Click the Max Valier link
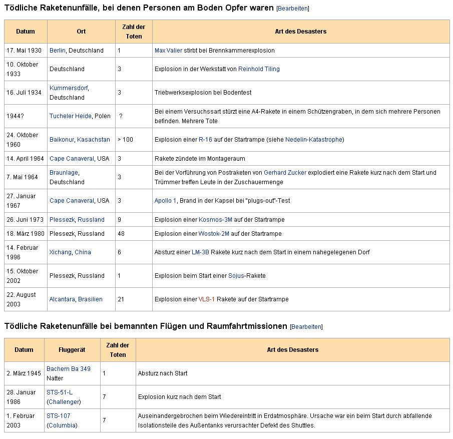pyautogui.click(x=168, y=51)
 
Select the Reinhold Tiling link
pyautogui.click(x=259, y=69)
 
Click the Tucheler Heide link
pyautogui.click(x=71, y=116)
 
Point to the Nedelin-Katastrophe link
pyautogui.click(x=313, y=140)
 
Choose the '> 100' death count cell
pyautogui.click(x=126, y=140)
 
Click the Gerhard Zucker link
pyautogui.click(x=285, y=173)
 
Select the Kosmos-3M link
pyautogui.click(x=215, y=220)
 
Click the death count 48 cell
pyautogui.click(x=122, y=234)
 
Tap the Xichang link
pyautogui.click(x=61, y=252)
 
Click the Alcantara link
pyautogui.click(x=62, y=299)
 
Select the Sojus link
pyautogui.click(x=236, y=276)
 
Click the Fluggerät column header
pyautogui.click(x=72, y=350)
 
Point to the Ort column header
pyautogui.click(x=81, y=32)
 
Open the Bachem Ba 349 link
pyautogui.click(x=69, y=369)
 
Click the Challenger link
pyautogui.click(x=64, y=402)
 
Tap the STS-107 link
pyautogui.click(x=58, y=416)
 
